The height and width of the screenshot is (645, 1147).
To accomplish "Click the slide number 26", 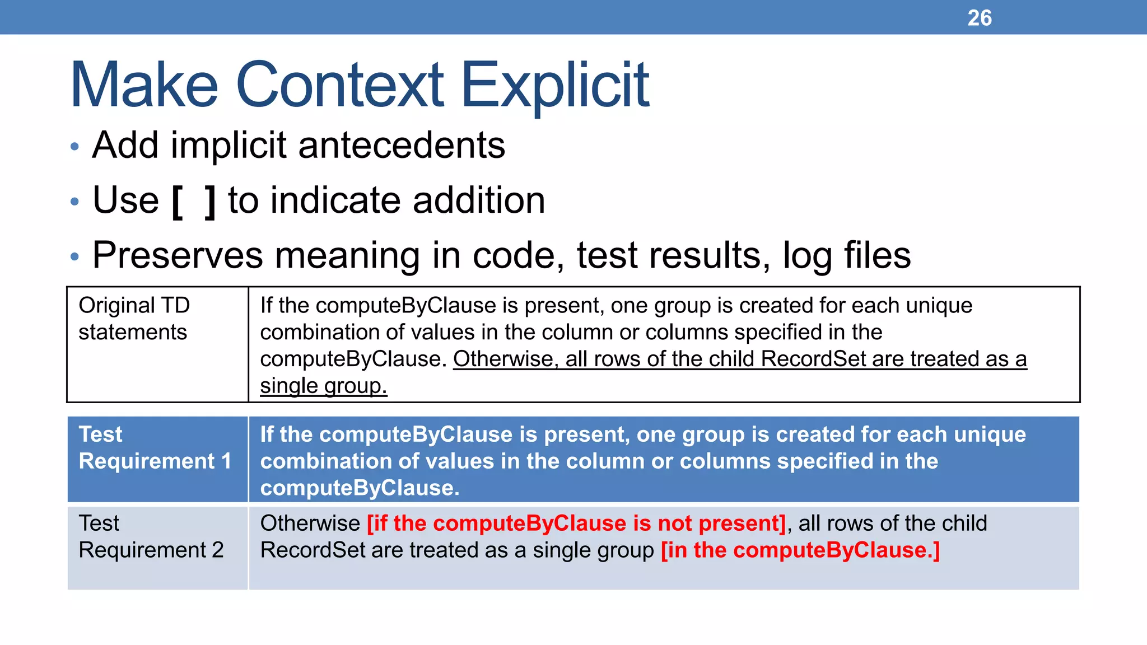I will [x=979, y=18].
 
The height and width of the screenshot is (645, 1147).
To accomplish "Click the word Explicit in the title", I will [x=554, y=85].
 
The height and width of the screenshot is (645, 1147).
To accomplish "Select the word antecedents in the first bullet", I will [x=402, y=145].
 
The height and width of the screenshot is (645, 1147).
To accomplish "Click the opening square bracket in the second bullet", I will [x=177, y=202].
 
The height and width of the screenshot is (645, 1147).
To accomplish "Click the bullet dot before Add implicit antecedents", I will [x=75, y=147].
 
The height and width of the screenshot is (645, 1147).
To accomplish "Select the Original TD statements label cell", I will [x=134, y=319].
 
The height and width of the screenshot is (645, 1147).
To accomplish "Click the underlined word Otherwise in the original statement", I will [x=502, y=359].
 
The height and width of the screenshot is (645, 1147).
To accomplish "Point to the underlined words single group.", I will [x=323, y=386].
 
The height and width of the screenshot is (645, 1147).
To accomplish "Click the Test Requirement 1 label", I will [x=155, y=448].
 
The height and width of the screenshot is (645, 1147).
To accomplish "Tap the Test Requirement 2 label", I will [x=151, y=536].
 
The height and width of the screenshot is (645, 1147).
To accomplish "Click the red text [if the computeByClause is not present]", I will [x=576, y=524].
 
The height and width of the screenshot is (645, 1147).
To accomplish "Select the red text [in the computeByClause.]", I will [x=800, y=550].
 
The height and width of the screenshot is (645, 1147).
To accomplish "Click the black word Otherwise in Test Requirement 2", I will [x=310, y=524].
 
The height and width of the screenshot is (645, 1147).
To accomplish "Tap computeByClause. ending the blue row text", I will [x=360, y=488].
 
